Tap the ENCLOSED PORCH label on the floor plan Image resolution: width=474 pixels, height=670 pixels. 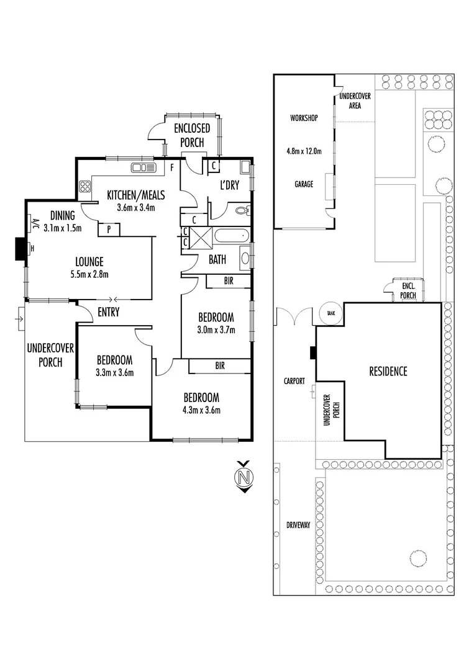coord(191,135)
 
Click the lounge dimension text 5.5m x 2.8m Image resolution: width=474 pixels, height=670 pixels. coord(90,274)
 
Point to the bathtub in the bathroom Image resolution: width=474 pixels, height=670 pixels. coord(232,236)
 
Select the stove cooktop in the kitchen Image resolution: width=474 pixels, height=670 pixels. coord(85,186)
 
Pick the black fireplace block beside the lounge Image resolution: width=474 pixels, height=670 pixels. coord(20,248)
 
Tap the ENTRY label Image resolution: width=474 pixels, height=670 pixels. coord(109,313)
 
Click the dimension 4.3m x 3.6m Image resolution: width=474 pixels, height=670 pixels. coord(201,409)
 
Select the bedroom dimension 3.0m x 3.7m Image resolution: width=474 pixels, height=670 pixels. coord(216,329)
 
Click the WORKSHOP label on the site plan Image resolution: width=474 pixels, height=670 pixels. coord(304,117)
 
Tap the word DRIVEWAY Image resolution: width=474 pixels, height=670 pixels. coord(298,525)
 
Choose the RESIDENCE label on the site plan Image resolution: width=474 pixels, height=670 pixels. coord(388,372)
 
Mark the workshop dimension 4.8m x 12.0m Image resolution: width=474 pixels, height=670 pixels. coord(304,151)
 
